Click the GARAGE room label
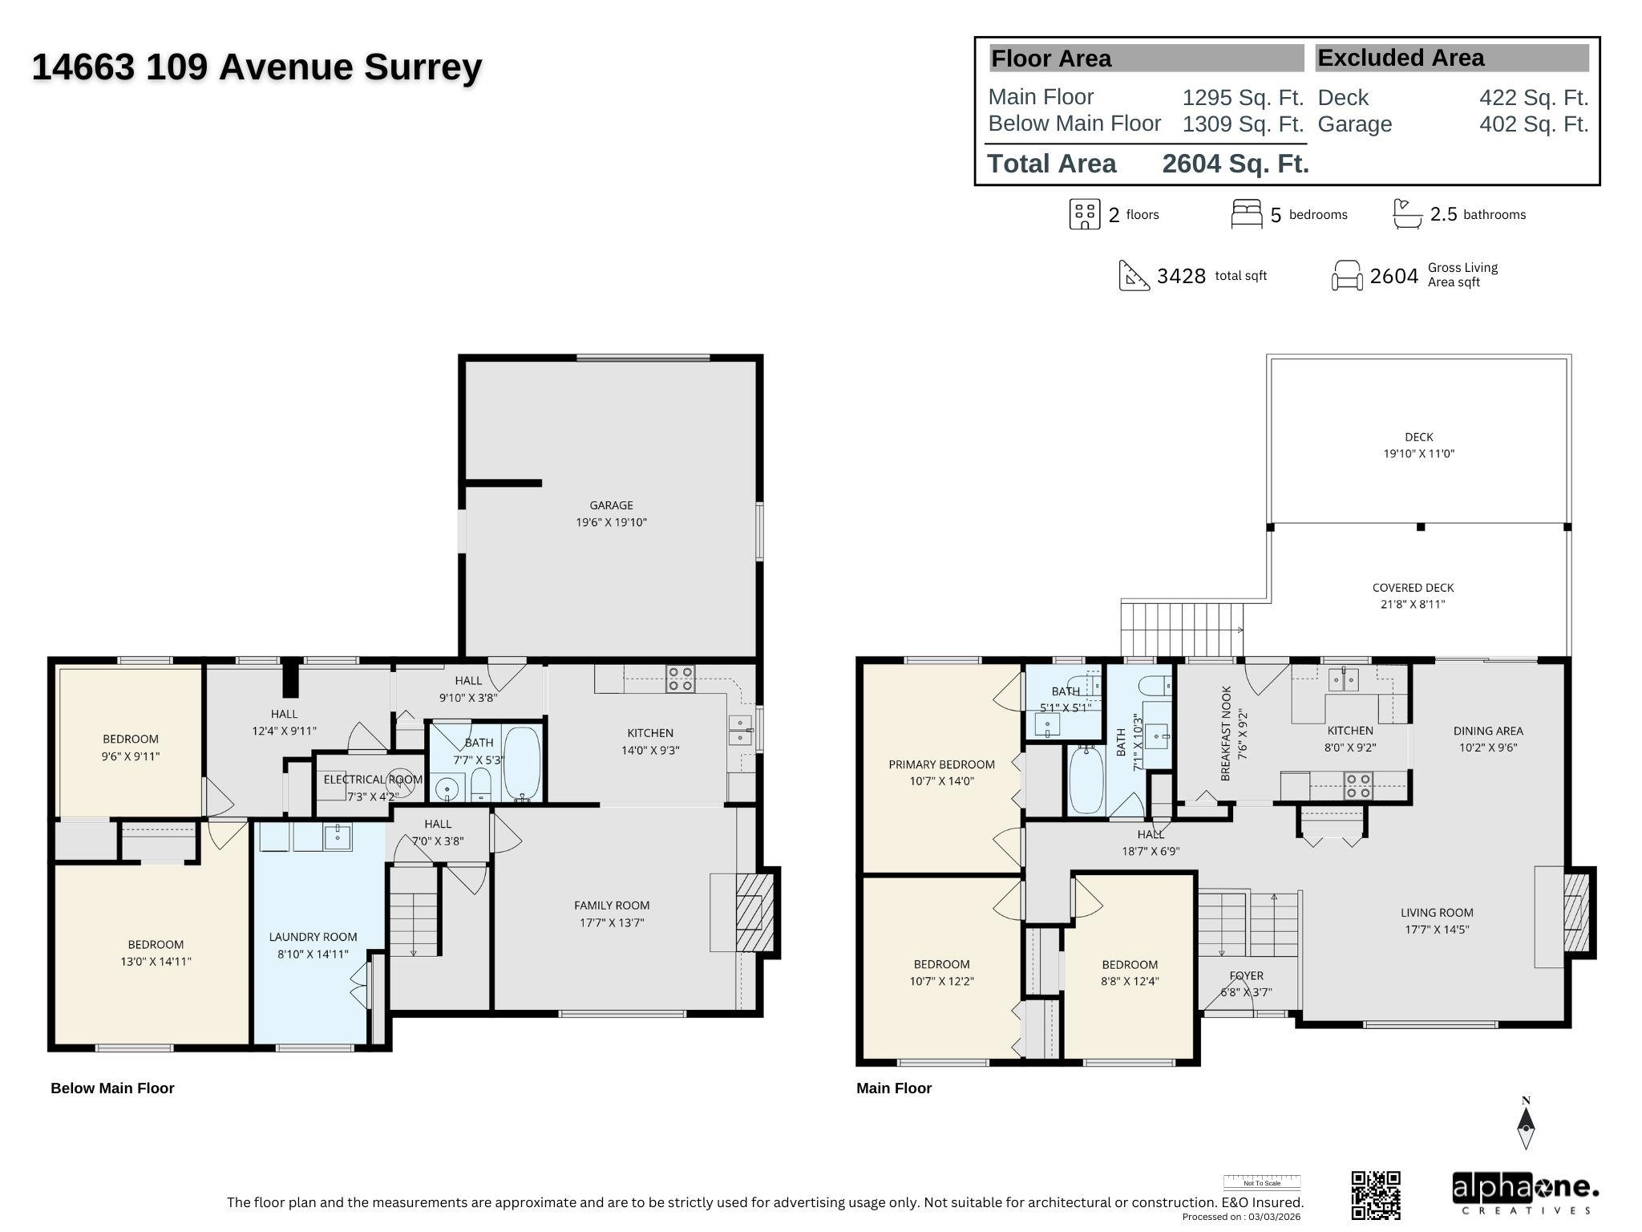pos(611,505)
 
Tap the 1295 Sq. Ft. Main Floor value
pos(1243,97)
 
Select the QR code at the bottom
pos(1376,1194)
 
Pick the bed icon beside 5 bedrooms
pos(1246,214)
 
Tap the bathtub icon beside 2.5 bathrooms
pos(1407,214)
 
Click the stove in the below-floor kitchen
pos(681,679)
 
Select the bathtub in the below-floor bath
pos(522,764)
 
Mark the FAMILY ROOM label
pos(612,905)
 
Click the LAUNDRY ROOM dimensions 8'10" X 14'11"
pos(313,954)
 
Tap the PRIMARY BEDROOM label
pos(941,764)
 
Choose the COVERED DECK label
pos(1413,588)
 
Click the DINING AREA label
pos(1488,731)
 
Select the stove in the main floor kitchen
pos(1358,785)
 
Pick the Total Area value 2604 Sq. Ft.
pos(1235,164)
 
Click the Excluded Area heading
pos(1401,58)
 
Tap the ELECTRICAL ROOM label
pos(372,780)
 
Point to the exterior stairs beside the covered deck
pos(1181,630)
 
